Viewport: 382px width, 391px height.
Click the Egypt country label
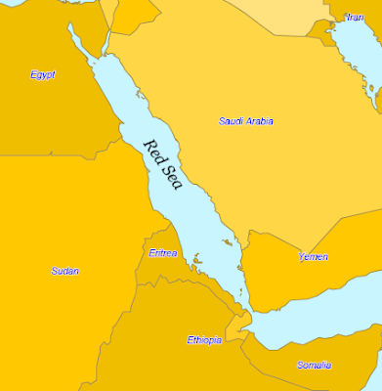[42, 74]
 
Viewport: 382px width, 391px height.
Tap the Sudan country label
[64, 271]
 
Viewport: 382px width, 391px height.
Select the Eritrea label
[163, 252]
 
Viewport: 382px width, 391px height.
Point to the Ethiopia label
[204, 340]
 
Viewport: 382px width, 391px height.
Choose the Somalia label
[314, 365]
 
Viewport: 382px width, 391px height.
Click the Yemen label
[313, 257]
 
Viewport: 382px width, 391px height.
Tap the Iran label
[354, 17]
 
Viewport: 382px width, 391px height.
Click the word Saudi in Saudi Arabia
[232, 121]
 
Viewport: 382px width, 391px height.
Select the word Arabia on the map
[259, 121]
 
